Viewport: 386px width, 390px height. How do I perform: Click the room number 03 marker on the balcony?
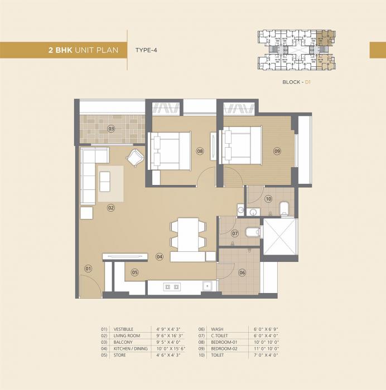coord(112,129)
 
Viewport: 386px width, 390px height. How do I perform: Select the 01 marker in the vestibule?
coord(88,269)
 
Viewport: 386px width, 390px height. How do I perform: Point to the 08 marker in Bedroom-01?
coord(199,150)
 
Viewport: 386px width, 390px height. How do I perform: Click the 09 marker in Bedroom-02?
coord(277,150)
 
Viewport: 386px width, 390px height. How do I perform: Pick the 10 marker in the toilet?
coord(268,198)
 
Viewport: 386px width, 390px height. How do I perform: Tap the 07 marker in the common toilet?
coord(235,233)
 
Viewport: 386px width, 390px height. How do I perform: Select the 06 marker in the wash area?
coord(242,272)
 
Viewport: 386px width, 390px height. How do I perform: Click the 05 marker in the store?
coord(134,272)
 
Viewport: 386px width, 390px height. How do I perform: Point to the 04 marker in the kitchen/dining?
coord(160,257)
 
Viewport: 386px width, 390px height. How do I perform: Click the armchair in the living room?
coord(134,158)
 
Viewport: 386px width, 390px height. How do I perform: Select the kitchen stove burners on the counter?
coord(171,287)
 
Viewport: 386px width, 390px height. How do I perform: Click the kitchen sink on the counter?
coord(207,286)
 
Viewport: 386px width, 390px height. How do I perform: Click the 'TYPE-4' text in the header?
coord(147,50)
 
